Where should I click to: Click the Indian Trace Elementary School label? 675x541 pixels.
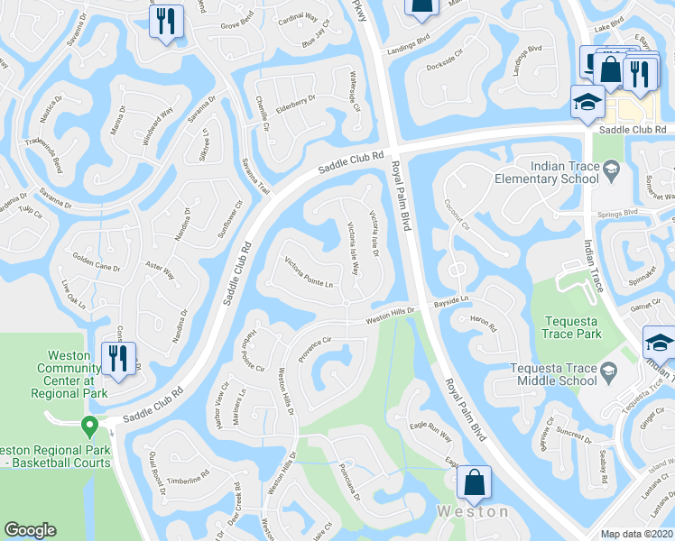546,172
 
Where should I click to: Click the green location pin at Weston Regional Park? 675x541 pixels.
88,425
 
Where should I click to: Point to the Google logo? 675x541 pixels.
31,530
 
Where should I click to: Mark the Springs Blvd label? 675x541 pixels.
619,213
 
